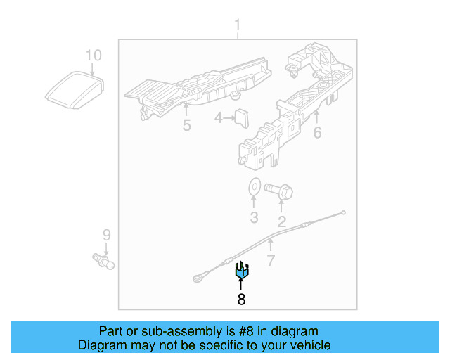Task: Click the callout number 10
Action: coord(93,55)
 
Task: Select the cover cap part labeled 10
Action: coord(74,90)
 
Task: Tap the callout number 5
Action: coord(186,126)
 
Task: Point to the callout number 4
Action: coord(219,119)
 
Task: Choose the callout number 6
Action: coord(317,131)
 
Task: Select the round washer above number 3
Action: coord(254,188)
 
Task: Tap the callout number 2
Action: coord(282,223)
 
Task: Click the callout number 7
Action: coord(271,262)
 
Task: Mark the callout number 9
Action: coord(106,235)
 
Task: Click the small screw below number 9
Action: coord(104,262)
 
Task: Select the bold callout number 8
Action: coord(241,300)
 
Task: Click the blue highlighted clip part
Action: coord(241,269)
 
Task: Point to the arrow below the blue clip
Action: coord(241,284)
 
